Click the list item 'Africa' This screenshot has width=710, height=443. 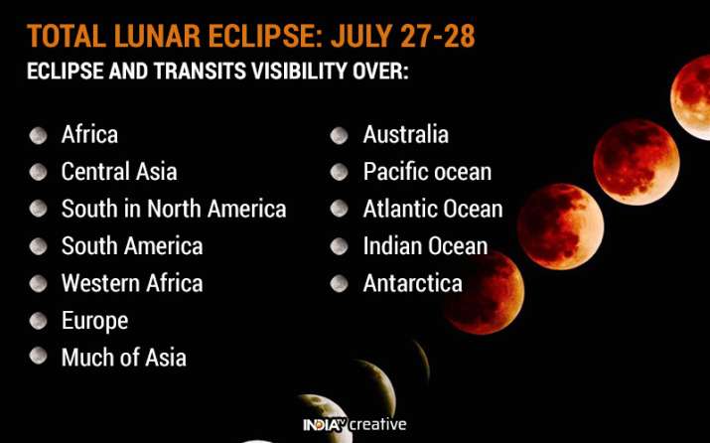pyautogui.click(x=89, y=134)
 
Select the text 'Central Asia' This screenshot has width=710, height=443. pyautogui.click(x=119, y=172)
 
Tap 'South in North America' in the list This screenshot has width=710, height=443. pyautogui.click(x=174, y=209)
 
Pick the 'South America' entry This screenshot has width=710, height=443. pyautogui.click(x=132, y=245)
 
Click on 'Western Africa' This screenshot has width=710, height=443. pyautogui.click(x=132, y=283)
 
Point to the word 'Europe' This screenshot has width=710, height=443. pyautogui.click(x=94, y=321)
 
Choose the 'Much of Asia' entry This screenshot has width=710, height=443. pyautogui.click(x=124, y=358)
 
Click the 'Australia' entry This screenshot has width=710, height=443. pyautogui.click(x=405, y=134)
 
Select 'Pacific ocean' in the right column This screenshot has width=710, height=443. pyautogui.click(x=427, y=172)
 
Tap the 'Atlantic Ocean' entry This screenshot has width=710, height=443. pyautogui.click(x=433, y=209)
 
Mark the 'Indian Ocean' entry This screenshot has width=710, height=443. pyautogui.click(x=425, y=245)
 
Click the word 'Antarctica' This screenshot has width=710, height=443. pyautogui.click(x=412, y=283)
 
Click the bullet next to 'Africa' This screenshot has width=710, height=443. pyautogui.click(x=38, y=135)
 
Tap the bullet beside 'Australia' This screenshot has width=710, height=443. pyautogui.click(x=340, y=135)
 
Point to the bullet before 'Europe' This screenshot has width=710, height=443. pyautogui.click(x=38, y=321)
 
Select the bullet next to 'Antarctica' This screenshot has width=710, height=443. pyautogui.click(x=340, y=284)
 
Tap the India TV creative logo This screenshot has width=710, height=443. pyautogui.click(x=355, y=425)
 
